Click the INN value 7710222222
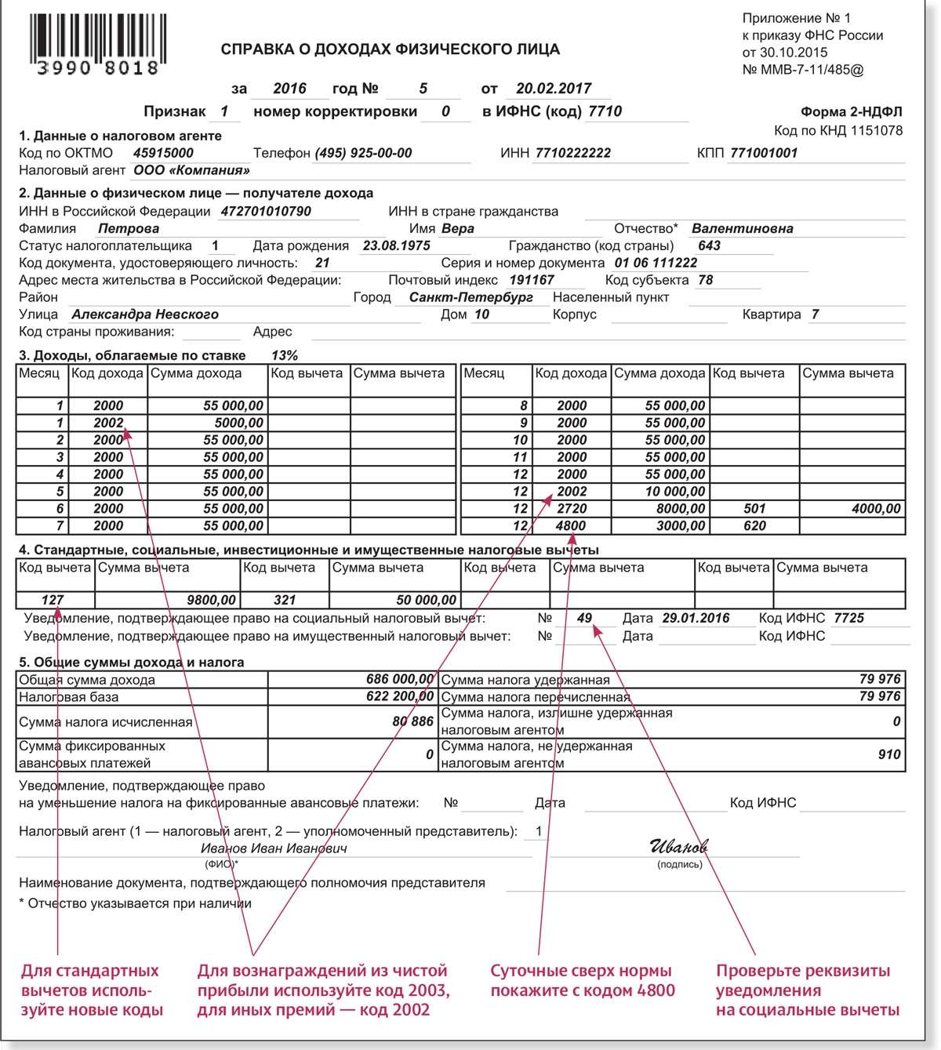tap(572, 153)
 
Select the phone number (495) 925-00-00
tap(363, 153)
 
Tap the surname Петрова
tap(129, 229)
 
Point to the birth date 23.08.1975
tap(396, 245)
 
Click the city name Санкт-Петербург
tap(470, 297)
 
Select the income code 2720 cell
tap(572, 509)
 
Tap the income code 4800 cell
tap(572, 526)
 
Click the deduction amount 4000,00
tap(876, 509)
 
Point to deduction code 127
tap(53, 600)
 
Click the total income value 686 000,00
tap(399, 679)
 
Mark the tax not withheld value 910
tap(889, 754)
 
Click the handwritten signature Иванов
tap(678, 846)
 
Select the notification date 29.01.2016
tap(696, 618)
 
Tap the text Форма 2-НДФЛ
tap(851, 113)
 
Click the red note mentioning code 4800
tap(582, 980)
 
